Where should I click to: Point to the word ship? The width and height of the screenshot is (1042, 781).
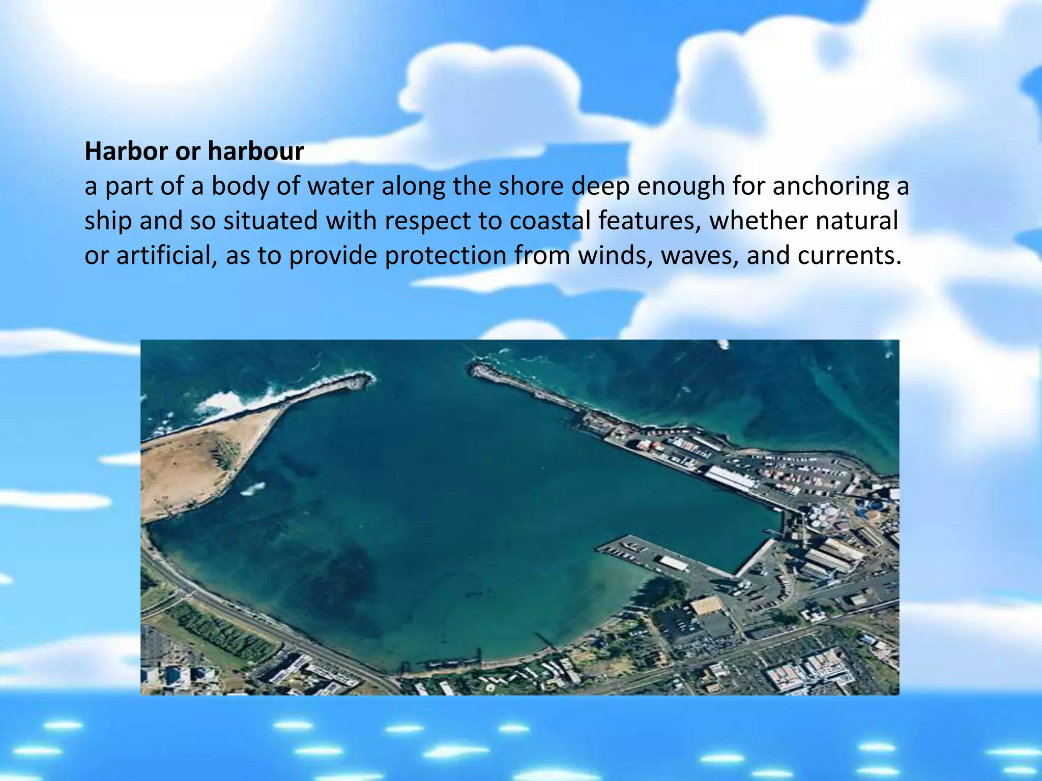click(107, 221)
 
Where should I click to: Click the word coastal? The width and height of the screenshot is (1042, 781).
click(549, 221)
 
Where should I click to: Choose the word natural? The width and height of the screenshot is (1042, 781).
click(857, 221)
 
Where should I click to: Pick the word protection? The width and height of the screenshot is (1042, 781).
click(445, 255)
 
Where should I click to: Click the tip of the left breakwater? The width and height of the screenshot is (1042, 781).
click(369, 378)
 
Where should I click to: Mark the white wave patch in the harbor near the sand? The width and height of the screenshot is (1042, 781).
click(253, 489)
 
